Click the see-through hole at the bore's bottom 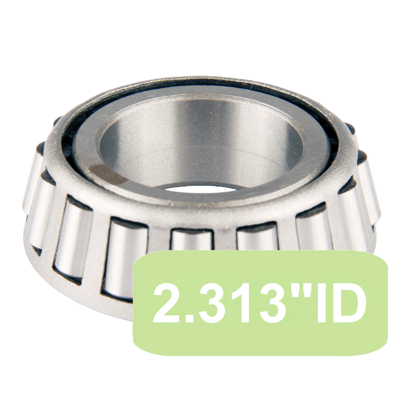202,189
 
